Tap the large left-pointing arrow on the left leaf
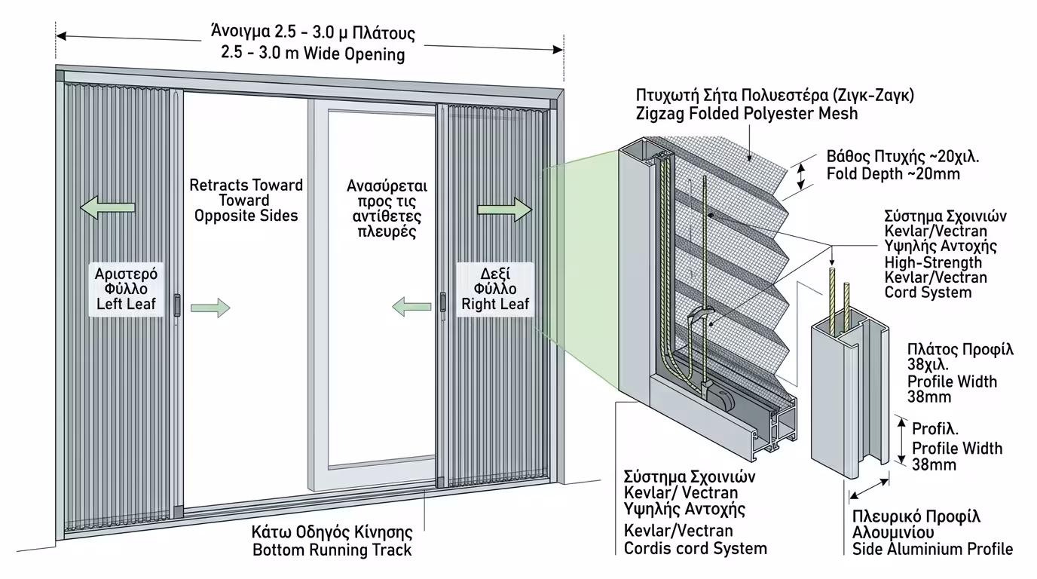[x=108, y=207]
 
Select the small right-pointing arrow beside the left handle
[x=210, y=307]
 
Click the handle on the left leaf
[x=177, y=305]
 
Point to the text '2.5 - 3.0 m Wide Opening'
[x=313, y=54]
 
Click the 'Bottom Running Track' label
[x=332, y=550]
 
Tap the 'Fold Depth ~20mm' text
[x=882, y=174]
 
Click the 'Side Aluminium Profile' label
[x=932, y=549]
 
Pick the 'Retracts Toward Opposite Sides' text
[x=246, y=201]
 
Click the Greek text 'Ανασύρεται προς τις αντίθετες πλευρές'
[x=387, y=208]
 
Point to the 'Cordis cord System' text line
[x=695, y=548]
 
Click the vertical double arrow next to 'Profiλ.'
[x=901, y=441]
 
